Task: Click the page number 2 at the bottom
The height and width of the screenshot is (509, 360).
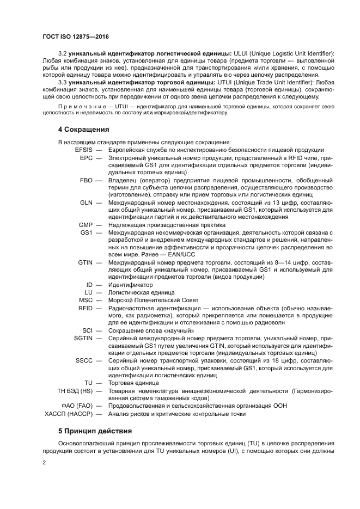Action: tap(45, 463)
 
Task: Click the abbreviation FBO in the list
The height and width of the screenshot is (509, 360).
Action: tap(86, 180)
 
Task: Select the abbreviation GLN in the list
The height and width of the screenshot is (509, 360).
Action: tap(86, 202)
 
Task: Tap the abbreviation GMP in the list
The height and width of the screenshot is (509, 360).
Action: tap(86, 225)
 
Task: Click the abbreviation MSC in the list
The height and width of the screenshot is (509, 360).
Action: tap(86, 300)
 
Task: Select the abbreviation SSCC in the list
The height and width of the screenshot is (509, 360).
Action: tap(84, 360)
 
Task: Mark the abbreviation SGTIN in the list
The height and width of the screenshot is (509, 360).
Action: tap(83, 338)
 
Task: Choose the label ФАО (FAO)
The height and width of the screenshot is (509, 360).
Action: tap(79, 406)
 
